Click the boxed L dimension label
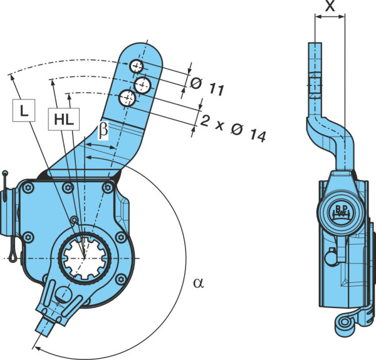coord(24,110)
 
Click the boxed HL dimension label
coord(64,119)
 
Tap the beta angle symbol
coord(103,130)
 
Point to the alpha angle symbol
coord(199,283)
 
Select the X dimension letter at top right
coord(330,6)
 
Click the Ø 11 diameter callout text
coord(207,86)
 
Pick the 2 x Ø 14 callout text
coord(232,128)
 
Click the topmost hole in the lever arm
coord(137,66)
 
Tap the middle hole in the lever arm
coord(142,85)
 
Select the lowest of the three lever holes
coord(127,98)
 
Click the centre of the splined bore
coord(85,258)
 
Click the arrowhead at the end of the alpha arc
coord(36,347)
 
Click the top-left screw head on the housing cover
coord(28,188)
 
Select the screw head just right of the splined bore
coord(121,238)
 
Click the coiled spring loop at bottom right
coord(344,322)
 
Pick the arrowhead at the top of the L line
coord(11,78)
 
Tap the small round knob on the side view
coord(331,257)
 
